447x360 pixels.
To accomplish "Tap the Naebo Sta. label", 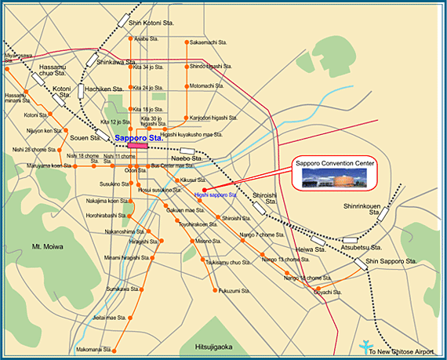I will [187, 158].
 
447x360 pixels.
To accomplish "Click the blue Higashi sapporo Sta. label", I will [215, 194].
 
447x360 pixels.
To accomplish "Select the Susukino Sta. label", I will [114, 184].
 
